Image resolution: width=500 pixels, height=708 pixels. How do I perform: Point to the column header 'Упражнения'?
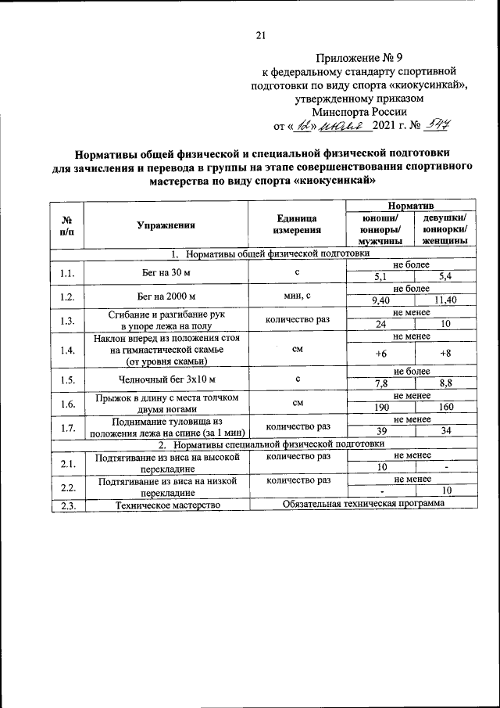click(165, 225)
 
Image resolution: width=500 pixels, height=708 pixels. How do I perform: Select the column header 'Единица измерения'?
click(297, 225)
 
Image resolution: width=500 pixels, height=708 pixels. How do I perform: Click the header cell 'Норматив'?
click(412, 205)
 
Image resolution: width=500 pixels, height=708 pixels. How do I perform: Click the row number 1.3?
click(67, 320)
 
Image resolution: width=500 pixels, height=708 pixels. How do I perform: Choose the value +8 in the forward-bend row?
click(446, 353)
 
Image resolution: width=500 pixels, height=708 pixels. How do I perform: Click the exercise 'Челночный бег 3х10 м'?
click(165, 379)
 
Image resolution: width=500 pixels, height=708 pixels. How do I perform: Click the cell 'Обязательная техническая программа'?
click(363, 503)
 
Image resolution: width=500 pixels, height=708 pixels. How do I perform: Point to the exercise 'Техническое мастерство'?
click(165, 505)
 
